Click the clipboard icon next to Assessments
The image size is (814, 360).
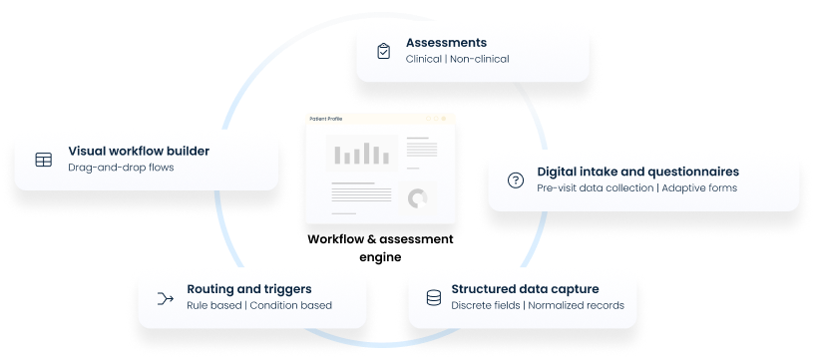click(x=383, y=51)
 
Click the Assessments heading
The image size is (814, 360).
click(x=446, y=43)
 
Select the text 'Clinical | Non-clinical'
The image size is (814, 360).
click(x=457, y=59)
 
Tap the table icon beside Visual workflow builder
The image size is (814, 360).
click(x=43, y=159)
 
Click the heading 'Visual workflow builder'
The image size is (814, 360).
click(x=139, y=151)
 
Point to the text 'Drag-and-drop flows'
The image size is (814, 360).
click(x=121, y=168)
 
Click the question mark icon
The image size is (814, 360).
click(x=516, y=180)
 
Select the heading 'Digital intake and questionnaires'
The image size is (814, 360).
click(x=637, y=172)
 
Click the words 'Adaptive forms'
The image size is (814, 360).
click(x=700, y=187)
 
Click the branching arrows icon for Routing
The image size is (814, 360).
click(x=166, y=297)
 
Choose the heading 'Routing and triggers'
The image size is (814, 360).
click(x=249, y=288)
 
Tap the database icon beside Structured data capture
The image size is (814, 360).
click(x=434, y=297)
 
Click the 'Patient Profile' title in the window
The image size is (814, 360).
click(x=326, y=118)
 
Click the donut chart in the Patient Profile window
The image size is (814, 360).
click(x=417, y=197)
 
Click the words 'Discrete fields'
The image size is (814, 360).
click(x=486, y=305)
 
